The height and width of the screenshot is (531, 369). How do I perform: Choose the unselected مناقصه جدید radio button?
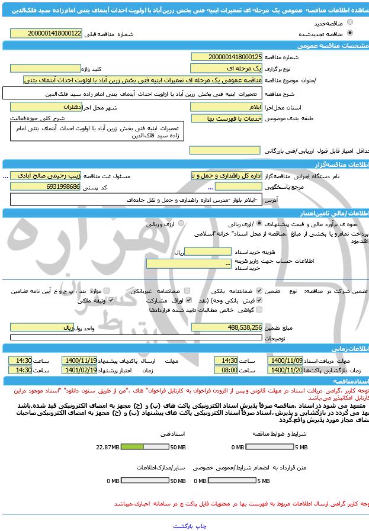click(x=350, y=23)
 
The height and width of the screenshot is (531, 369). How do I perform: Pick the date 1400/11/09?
click(x=286, y=360)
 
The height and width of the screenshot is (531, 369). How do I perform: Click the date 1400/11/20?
click(x=286, y=370)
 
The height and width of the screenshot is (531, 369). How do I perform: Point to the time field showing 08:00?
click(x=229, y=370)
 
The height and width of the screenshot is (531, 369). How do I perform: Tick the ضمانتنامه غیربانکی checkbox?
click(x=187, y=291)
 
